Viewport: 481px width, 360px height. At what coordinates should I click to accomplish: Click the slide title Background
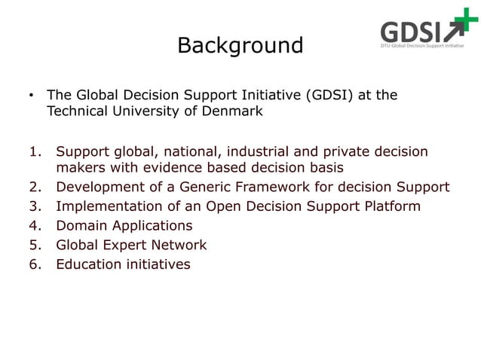tap(240, 46)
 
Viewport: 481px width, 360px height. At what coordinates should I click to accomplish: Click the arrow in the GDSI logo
tap(455, 33)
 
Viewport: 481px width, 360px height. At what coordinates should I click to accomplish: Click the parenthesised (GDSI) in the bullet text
tap(332, 96)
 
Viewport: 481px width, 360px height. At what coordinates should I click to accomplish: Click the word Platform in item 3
tap(393, 206)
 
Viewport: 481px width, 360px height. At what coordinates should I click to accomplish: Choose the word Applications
tap(150, 225)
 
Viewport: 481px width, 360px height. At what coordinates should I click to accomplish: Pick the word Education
tap(90, 264)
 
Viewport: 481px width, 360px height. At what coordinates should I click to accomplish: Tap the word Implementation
tap(106, 206)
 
